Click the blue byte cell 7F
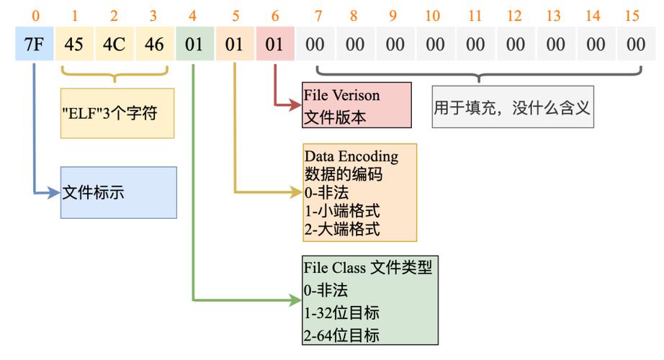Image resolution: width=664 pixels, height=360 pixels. click(35, 44)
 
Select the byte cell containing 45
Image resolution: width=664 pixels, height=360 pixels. click(74, 44)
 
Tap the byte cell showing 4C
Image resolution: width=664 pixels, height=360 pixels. click(115, 44)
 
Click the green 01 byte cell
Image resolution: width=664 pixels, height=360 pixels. click(194, 44)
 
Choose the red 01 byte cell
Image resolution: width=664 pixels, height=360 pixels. click(275, 44)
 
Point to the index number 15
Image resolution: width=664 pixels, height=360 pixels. click(632, 16)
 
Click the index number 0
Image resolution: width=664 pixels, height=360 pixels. click(35, 16)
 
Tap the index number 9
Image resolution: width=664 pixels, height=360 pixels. click(392, 16)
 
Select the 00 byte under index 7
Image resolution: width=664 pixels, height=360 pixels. click(315, 44)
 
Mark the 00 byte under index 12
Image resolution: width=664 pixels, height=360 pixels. click(516, 44)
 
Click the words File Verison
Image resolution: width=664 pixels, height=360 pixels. click(341, 95)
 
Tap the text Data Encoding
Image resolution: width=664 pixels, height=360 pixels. click(351, 156)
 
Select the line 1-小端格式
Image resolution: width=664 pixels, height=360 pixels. click(342, 210)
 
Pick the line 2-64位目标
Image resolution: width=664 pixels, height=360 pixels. click(341, 336)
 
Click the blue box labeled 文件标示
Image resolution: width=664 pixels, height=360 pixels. click(119, 193)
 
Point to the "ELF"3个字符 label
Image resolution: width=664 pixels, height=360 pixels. click(109, 113)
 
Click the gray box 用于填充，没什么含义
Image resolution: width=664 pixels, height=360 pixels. click(513, 107)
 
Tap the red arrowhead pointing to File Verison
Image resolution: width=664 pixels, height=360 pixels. click(295, 104)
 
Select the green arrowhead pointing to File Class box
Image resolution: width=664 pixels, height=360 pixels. click(295, 300)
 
